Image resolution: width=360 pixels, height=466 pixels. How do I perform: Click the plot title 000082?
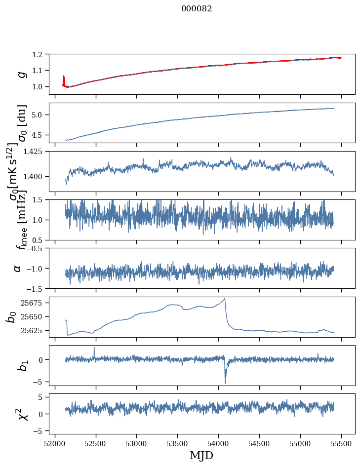click(197, 9)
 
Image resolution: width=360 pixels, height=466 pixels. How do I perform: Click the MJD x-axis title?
click(201, 455)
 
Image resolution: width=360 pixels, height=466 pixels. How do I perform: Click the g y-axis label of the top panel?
click(21, 74)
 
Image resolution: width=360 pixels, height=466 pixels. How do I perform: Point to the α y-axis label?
click(17, 268)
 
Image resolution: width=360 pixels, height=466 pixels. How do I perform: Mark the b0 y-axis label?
click(11, 317)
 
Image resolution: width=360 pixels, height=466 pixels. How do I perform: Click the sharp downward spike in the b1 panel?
click(225, 382)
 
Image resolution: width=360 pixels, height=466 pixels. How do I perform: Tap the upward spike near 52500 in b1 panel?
click(94, 348)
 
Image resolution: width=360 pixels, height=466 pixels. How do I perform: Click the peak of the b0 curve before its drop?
click(225, 299)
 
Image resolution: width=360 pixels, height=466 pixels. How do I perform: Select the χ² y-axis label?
click(22, 414)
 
